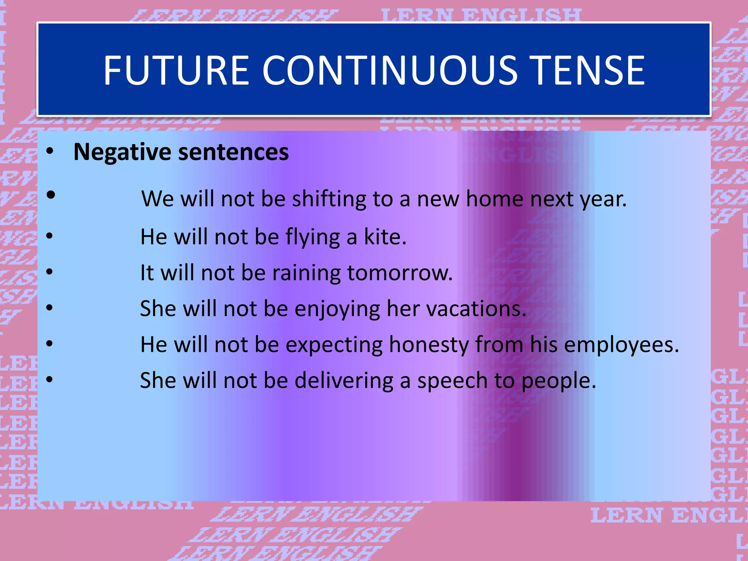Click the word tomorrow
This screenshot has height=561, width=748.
[x=400, y=273]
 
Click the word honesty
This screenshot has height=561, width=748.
[x=429, y=345]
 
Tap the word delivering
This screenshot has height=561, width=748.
[x=344, y=381]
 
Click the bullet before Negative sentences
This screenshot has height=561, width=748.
[x=50, y=151]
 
